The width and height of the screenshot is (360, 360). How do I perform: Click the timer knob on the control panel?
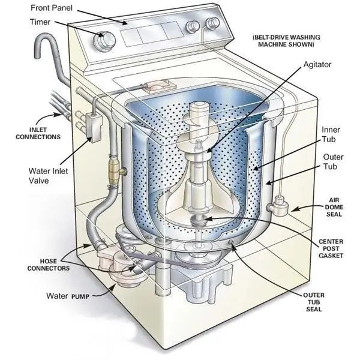107,40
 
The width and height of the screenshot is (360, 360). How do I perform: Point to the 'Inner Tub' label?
331,134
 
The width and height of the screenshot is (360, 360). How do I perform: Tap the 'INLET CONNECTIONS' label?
37,133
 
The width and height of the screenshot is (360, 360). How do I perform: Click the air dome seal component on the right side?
278,207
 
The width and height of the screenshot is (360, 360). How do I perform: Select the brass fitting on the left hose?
115,171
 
